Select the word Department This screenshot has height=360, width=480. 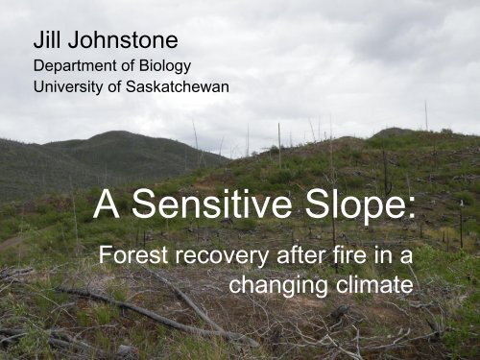click(74, 67)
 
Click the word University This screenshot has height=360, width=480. click(66, 87)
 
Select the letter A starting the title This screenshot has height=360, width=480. click(107, 204)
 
